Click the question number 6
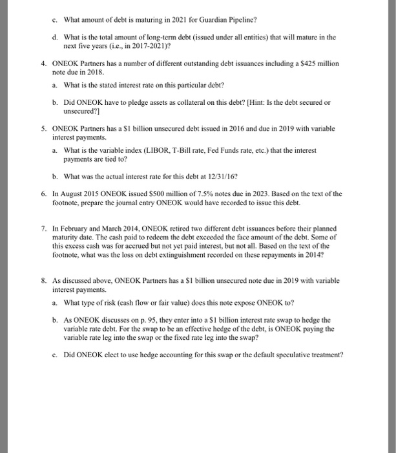(43, 193)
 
